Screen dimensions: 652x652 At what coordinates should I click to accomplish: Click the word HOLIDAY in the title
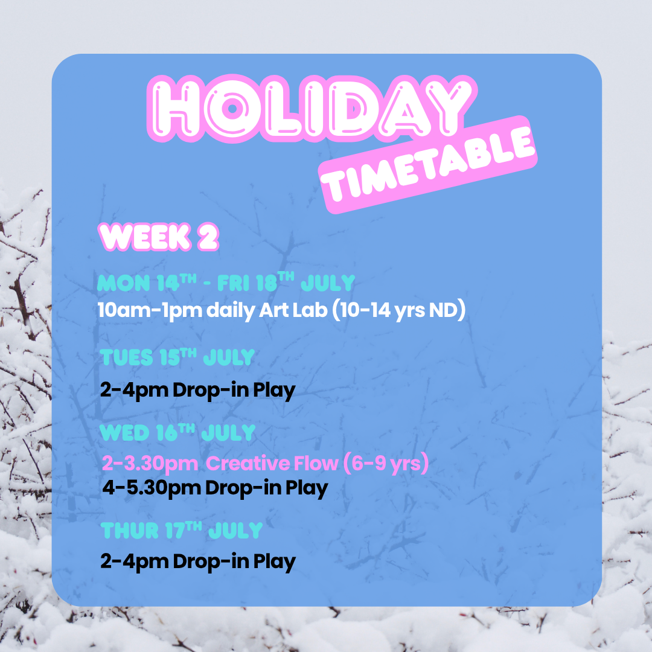(x=312, y=108)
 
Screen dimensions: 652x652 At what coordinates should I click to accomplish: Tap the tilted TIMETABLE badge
(x=428, y=165)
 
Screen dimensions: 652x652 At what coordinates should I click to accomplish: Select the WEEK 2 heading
(x=158, y=237)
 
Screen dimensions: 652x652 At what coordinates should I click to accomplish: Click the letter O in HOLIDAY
(x=232, y=109)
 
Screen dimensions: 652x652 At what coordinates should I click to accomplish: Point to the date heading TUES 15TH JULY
(x=177, y=357)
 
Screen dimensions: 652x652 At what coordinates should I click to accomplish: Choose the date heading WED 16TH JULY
(x=177, y=432)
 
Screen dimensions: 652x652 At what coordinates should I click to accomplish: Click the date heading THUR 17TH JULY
(x=182, y=530)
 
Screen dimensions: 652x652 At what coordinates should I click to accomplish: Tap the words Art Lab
(x=293, y=310)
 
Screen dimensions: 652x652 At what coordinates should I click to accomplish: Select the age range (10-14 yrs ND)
(x=399, y=310)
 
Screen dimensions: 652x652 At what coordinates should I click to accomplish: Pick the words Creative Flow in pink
(x=272, y=463)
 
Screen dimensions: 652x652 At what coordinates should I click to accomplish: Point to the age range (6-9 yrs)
(x=386, y=463)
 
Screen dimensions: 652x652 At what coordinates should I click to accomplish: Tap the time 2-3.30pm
(x=150, y=464)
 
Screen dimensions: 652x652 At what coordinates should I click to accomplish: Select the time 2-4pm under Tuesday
(x=134, y=390)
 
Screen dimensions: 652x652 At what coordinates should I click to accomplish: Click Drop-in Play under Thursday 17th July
(x=234, y=561)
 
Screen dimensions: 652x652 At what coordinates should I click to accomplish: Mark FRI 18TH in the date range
(x=256, y=283)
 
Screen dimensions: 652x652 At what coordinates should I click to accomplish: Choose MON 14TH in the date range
(x=147, y=283)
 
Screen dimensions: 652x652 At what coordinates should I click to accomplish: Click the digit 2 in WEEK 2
(x=208, y=237)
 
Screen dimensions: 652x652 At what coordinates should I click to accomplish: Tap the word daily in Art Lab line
(x=231, y=310)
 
